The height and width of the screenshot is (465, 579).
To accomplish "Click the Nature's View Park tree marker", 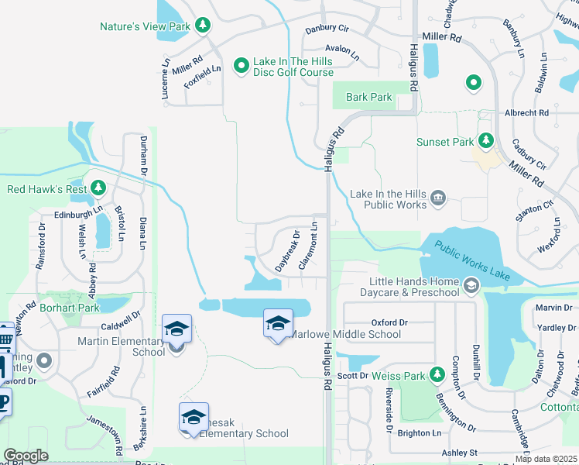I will [x=203, y=26].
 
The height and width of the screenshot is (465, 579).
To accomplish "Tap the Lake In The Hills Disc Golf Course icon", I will [x=241, y=65].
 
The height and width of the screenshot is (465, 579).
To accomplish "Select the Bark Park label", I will [x=369, y=97].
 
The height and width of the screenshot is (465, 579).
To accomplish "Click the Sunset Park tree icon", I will [x=485, y=141].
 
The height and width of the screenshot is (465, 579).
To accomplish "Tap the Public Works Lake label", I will [x=472, y=260].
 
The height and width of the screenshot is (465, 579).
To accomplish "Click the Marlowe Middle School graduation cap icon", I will [x=278, y=322].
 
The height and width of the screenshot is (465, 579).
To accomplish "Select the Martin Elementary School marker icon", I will [x=176, y=329].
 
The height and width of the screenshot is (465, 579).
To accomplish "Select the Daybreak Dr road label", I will [x=287, y=250].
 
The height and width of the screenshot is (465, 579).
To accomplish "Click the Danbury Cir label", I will [x=327, y=28].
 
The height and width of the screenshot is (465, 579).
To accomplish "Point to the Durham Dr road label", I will [x=143, y=154].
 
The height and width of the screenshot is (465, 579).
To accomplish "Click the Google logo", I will [x=26, y=456].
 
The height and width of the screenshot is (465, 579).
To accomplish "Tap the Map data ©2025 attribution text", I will [x=546, y=459].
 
